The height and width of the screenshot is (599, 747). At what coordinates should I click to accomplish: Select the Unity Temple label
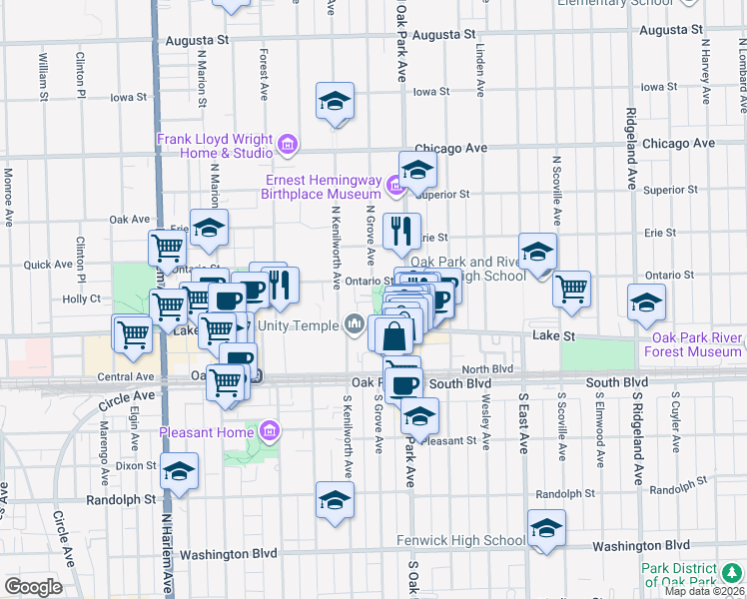(x=299, y=326)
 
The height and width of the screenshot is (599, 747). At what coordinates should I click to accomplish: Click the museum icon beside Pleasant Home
(x=269, y=432)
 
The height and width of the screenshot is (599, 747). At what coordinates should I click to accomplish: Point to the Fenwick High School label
(x=461, y=541)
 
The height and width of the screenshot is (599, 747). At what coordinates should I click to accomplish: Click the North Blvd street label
(x=487, y=368)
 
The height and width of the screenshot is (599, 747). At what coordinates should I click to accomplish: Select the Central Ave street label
(x=126, y=377)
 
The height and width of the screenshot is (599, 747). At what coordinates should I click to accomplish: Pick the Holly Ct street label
(x=81, y=299)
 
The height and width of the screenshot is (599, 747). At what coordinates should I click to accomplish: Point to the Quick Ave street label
(x=49, y=265)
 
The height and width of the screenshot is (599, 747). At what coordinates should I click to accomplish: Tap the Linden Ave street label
(x=479, y=70)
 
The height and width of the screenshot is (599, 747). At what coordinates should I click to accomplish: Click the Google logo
(x=32, y=587)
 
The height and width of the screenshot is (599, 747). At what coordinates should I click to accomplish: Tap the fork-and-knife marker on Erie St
(x=401, y=231)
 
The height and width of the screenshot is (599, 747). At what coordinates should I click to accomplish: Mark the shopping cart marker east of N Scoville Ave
(x=570, y=289)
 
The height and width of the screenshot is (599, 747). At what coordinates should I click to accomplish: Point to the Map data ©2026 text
(x=704, y=590)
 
